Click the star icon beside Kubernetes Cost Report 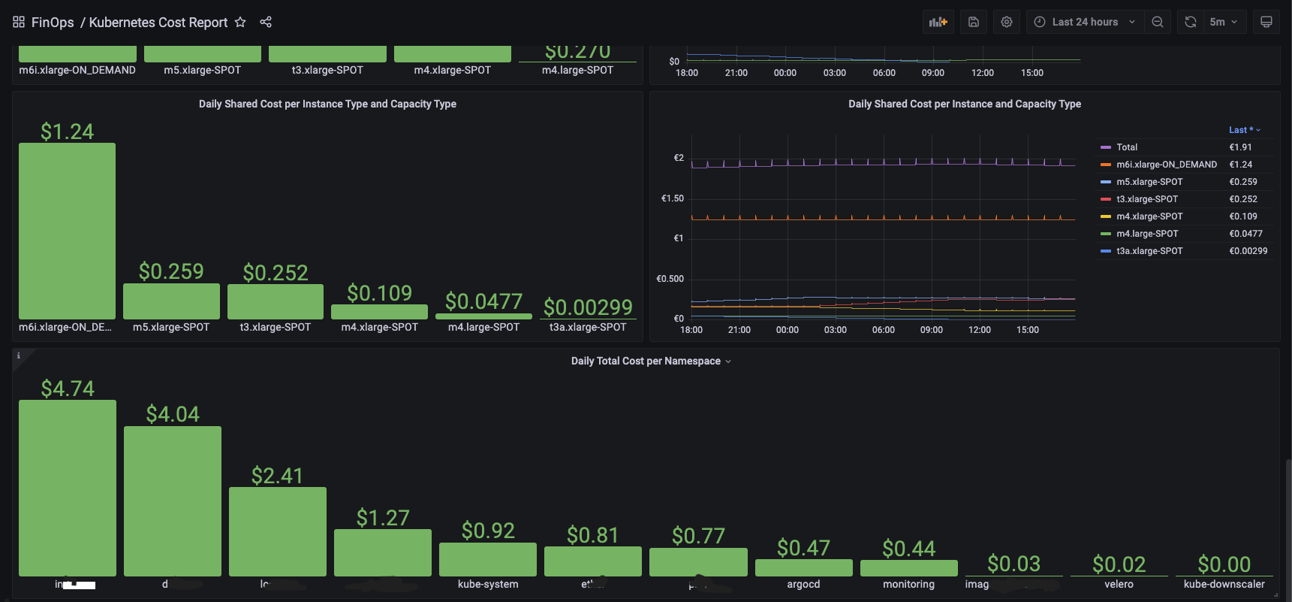(240, 23)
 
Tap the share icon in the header (266, 23)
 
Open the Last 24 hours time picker (1084, 23)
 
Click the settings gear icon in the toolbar (1007, 23)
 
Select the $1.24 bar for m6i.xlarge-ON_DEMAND (67, 231)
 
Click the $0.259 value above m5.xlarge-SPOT (171, 271)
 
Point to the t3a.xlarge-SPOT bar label (588, 328)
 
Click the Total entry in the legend (1126, 147)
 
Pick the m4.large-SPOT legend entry (1147, 234)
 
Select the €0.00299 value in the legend (1248, 251)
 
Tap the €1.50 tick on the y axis (672, 198)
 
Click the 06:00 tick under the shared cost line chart (884, 330)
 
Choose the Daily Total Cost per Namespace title (646, 362)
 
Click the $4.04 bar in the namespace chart (173, 501)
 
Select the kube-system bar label (488, 585)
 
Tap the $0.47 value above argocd (803, 548)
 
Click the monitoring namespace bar (908, 568)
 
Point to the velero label (1119, 585)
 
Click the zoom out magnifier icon (1158, 23)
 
